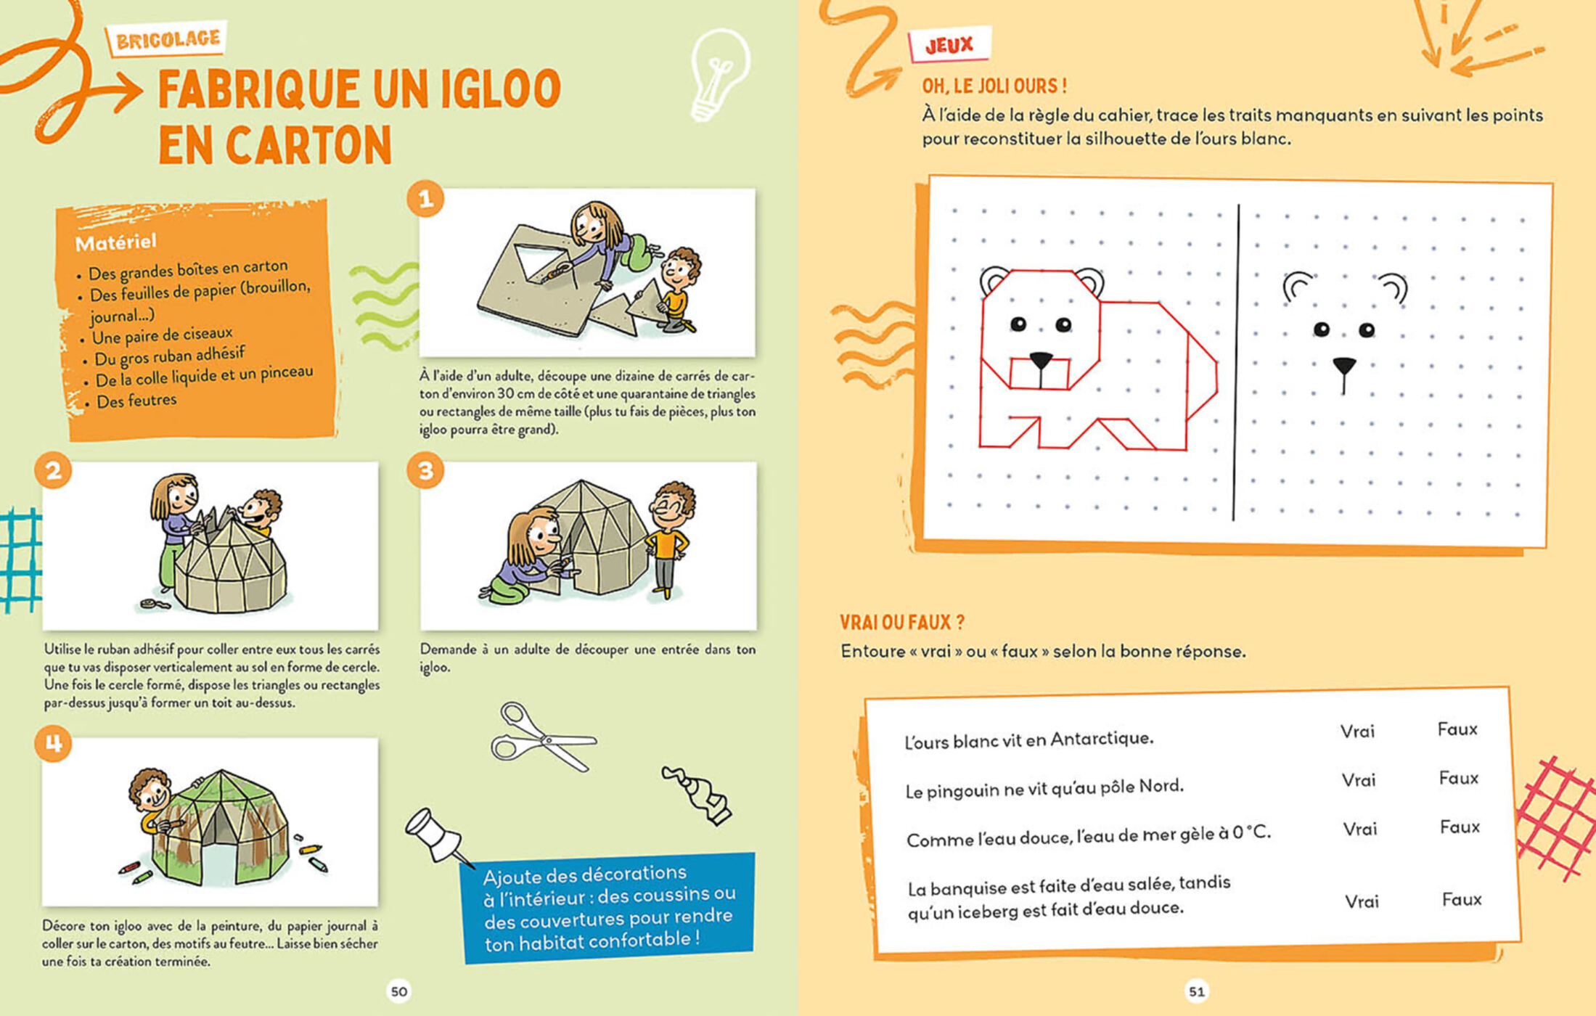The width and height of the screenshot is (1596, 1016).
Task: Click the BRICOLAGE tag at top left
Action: point(167,38)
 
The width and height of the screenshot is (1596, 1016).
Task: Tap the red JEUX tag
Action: point(949,45)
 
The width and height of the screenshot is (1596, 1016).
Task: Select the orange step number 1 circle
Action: point(425,199)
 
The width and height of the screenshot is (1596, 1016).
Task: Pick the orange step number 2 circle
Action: point(53,471)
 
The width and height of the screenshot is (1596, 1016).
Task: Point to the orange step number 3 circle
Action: point(425,471)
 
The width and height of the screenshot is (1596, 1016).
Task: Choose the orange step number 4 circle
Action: point(53,743)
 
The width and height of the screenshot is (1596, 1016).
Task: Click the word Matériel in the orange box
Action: point(115,242)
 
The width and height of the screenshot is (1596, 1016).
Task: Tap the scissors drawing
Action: point(543,737)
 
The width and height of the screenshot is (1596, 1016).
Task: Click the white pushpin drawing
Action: point(438,837)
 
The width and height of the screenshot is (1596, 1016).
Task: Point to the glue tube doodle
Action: point(697,795)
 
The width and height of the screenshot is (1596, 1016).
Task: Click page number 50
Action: point(399,991)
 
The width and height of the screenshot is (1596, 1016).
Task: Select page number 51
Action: point(1197,991)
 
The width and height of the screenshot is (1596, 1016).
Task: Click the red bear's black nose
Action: point(1041,359)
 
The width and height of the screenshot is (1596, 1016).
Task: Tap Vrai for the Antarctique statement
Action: point(1357,732)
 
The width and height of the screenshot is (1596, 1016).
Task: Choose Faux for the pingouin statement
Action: point(1459,778)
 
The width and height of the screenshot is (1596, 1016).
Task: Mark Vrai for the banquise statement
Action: point(1362,901)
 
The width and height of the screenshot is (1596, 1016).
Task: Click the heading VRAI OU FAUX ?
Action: point(902,622)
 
